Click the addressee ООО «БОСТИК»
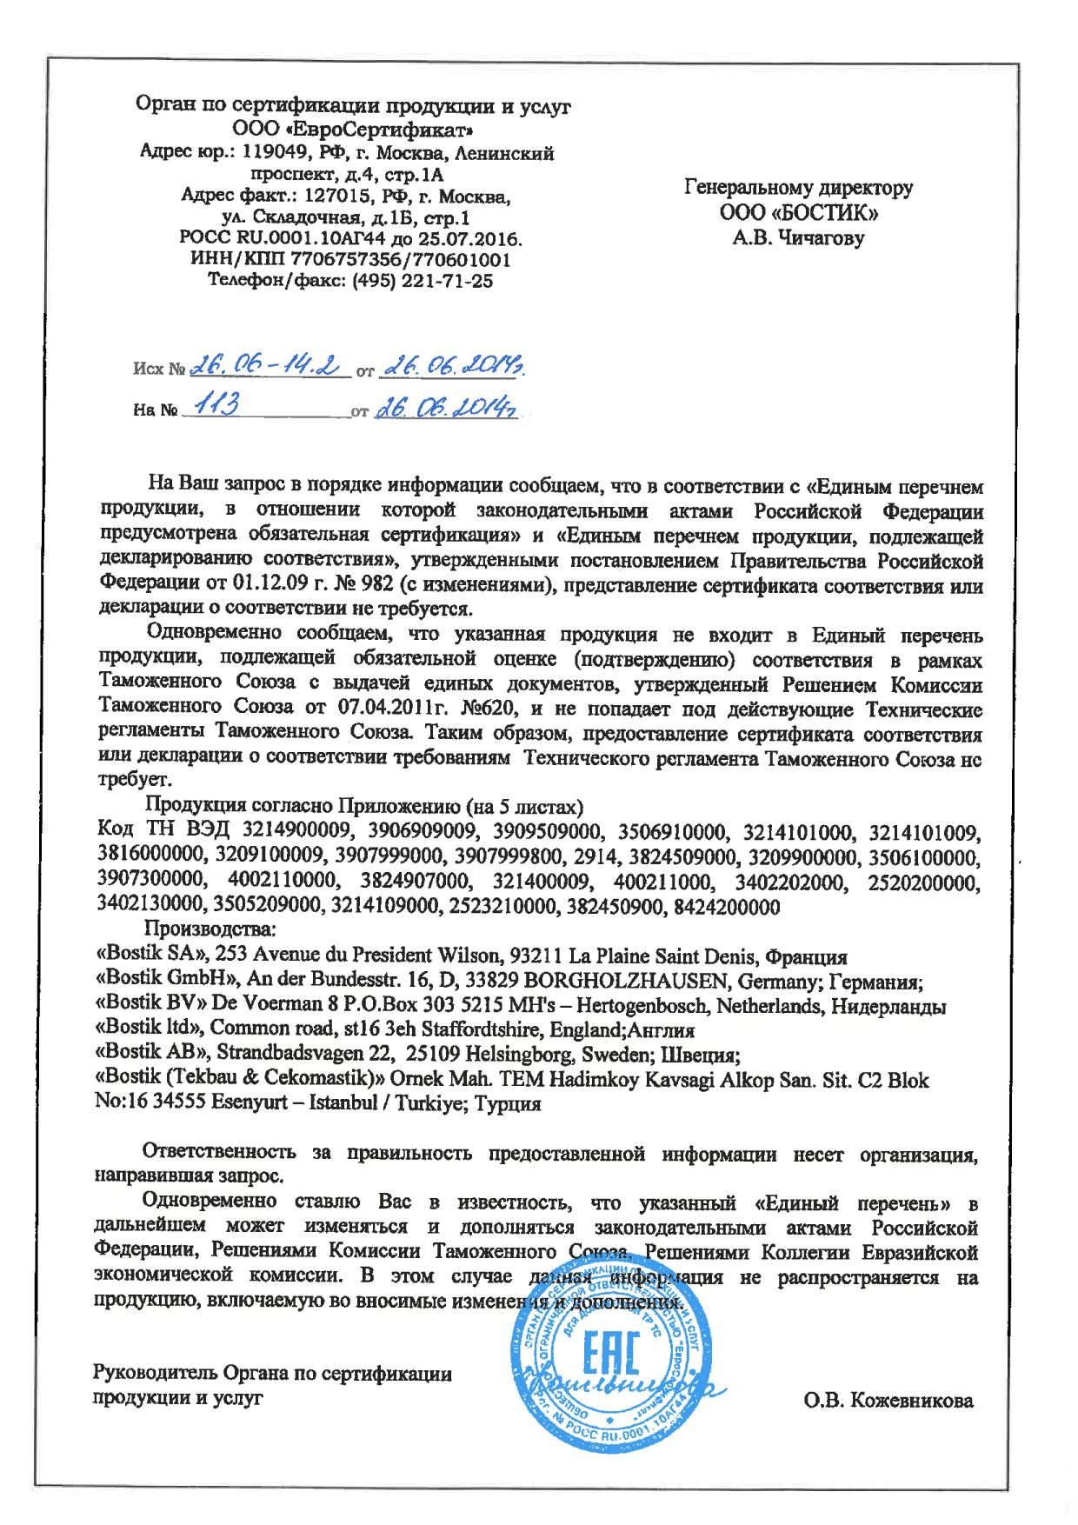[799, 212]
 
